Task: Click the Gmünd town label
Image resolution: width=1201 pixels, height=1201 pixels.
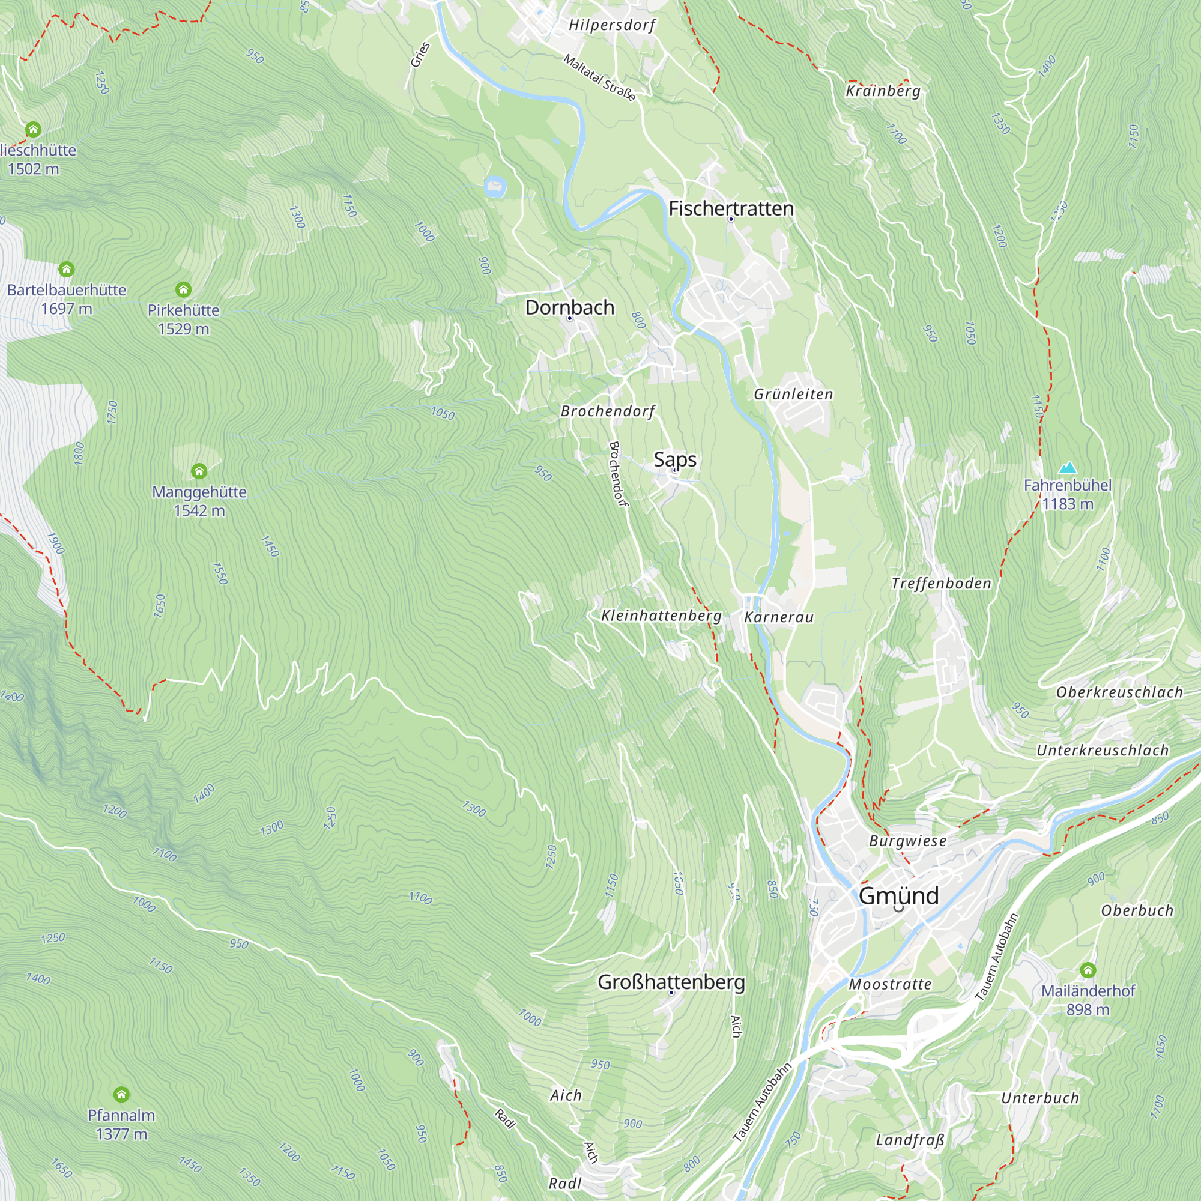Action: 898,896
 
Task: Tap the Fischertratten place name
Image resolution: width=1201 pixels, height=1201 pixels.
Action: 731,208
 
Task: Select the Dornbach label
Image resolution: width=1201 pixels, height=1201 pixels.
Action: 569,307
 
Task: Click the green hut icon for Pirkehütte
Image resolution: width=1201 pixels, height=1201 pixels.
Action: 183,289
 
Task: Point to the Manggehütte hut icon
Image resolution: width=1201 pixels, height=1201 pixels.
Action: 199,471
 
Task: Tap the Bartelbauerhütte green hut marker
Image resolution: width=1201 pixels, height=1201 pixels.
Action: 67,269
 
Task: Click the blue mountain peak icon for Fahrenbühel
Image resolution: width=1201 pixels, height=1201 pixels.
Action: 1067,467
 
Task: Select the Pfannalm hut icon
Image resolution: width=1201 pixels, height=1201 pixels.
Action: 121,1094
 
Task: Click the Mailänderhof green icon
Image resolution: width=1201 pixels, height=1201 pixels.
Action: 1088,970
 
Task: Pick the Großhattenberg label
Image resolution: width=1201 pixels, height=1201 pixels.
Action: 671,982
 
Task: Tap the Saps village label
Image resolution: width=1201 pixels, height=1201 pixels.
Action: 674,459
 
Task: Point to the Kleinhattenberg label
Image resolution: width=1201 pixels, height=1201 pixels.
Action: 661,616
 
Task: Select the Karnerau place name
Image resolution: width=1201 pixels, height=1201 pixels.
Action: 778,617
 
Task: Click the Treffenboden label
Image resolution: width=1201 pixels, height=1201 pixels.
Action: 941,583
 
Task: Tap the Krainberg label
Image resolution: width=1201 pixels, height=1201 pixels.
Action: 883,91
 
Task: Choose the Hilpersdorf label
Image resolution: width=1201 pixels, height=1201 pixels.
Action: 613,25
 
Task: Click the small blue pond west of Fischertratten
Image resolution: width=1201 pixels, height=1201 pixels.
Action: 495,186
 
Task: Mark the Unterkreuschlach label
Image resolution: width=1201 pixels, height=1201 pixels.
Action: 1102,750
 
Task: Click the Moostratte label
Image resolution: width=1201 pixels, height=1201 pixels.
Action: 889,984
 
